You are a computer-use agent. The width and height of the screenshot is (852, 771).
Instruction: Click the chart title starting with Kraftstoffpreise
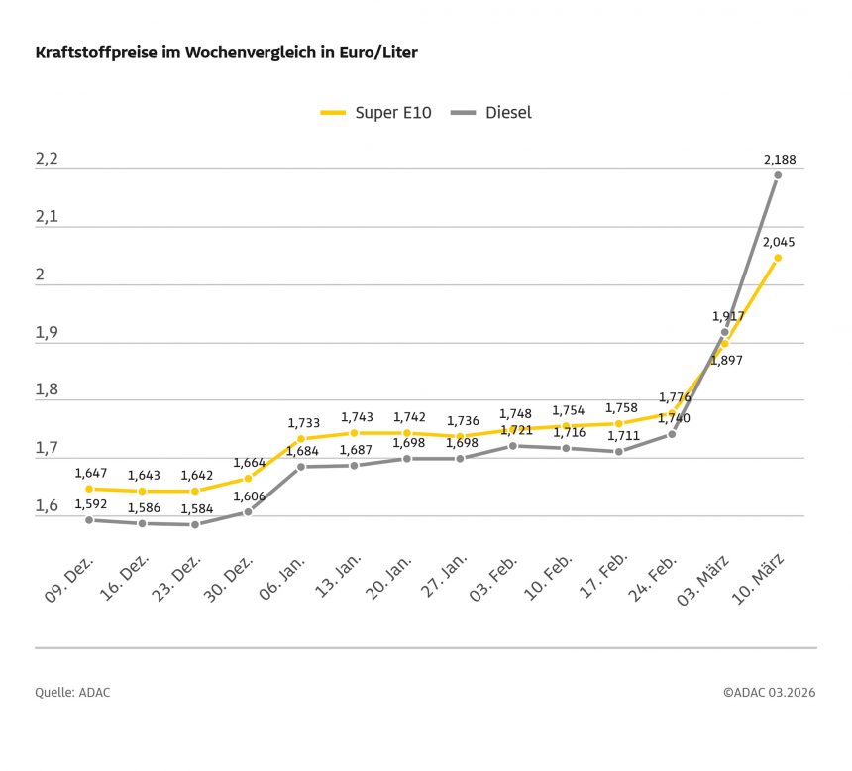226,53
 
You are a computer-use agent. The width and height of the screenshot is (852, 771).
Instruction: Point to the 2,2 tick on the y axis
48,159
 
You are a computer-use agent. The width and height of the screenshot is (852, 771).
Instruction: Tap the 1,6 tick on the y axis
48,506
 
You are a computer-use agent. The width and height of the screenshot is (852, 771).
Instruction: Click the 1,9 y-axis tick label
48,333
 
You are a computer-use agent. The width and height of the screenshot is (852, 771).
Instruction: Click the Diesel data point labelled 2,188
778,175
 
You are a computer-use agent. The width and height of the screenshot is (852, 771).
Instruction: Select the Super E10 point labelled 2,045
778,258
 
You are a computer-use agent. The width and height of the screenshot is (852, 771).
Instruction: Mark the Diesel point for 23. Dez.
195,524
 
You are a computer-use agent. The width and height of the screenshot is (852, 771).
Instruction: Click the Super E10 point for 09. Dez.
89,489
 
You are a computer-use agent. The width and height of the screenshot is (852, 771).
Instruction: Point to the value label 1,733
303,422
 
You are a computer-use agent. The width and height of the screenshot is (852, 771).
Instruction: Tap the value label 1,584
196,509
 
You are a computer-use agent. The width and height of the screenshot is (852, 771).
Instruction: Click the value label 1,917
728,316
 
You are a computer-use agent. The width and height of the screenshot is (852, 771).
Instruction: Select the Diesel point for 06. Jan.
301,467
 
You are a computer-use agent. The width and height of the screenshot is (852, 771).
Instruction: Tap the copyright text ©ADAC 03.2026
769,693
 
